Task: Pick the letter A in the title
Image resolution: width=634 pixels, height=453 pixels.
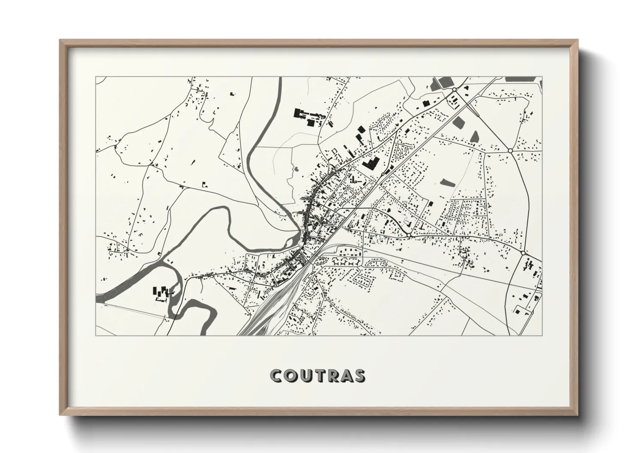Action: click(x=347, y=376)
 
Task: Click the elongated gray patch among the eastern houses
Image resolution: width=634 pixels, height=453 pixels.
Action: click(x=446, y=183)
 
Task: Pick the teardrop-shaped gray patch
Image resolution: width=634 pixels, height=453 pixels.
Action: click(x=475, y=136)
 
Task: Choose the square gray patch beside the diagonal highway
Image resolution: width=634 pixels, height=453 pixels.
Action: click(x=459, y=121)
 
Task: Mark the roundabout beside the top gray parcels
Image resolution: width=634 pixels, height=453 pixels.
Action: click(x=454, y=90)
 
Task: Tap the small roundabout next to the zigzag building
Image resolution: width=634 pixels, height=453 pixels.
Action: click(x=383, y=174)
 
